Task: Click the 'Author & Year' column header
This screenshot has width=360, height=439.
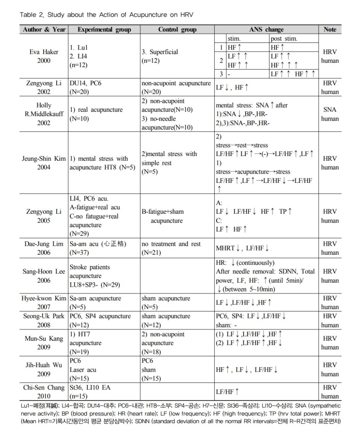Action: pyautogui.click(x=44, y=29)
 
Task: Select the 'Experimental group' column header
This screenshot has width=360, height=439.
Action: pyautogui.click(x=104, y=29)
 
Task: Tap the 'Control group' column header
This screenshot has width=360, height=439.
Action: pyautogui.click(x=177, y=29)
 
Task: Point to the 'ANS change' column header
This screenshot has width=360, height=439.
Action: pyautogui.click(x=266, y=29)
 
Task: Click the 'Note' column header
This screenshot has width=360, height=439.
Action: pyautogui.click(x=330, y=29)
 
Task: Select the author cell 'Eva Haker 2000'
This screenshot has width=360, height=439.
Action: pyautogui.click(x=44, y=56)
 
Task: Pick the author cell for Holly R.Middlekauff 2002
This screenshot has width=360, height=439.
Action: pyautogui.click(x=44, y=114)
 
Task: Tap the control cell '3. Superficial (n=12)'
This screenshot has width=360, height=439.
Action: pyautogui.click(x=160, y=56)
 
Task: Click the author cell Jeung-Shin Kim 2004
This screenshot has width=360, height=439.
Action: pyautogui.click(x=44, y=163)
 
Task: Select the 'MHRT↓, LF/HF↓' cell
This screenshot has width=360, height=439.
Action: pyautogui.click(x=243, y=248)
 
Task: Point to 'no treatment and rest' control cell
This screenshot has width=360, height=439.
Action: pyautogui.click(x=171, y=248)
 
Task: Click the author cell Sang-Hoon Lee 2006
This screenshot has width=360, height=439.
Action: pyautogui.click(x=44, y=276)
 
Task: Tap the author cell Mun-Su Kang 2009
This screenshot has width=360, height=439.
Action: pyautogui.click(x=44, y=343)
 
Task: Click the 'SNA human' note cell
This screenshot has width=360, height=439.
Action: pyautogui.click(x=330, y=114)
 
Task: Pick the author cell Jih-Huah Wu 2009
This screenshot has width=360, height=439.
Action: pyautogui.click(x=44, y=369)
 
